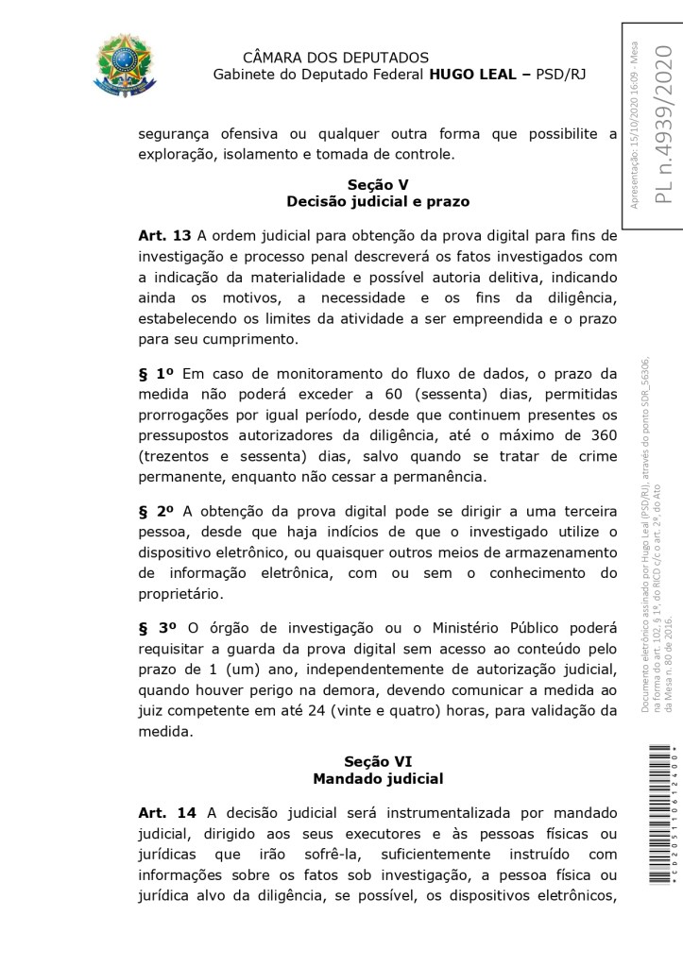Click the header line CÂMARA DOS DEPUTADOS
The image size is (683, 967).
pos(335,59)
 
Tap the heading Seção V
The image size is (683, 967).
pos(378,185)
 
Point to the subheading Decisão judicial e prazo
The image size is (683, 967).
pos(378,201)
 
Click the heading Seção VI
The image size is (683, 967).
pos(378,761)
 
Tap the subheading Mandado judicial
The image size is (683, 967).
pos(378,778)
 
